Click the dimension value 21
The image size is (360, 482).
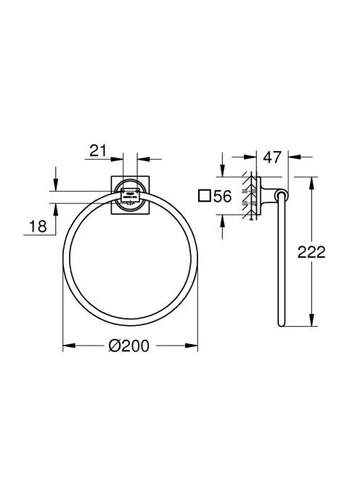pyautogui.click(x=98, y=151)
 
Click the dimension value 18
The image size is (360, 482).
pyautogui.click(x=38, y=226)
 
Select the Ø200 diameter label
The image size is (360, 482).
pyautogui.click(x=129, y=346)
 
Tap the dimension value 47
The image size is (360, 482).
pyautogui.click(x=272, y=157)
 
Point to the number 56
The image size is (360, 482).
pyautogui.click(x=222, y=196)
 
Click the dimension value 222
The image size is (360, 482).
pyautogui.click(x=311, y=252)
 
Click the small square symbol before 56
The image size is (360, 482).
pyautogui.click(x=205, y=196)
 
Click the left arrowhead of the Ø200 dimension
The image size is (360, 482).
pyautogui.click(x=69, y=346)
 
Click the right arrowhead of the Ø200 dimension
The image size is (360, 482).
pyautogui.click(x=192, y=346)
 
